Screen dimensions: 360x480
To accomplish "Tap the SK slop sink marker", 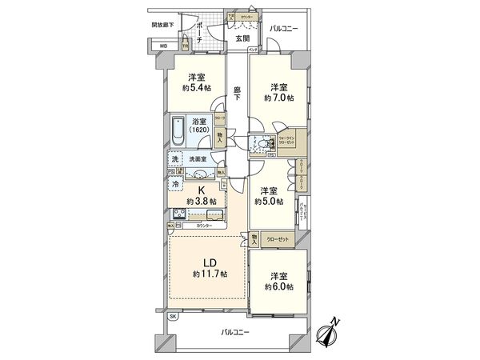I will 173,317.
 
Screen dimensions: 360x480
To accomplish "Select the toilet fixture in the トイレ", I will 261,145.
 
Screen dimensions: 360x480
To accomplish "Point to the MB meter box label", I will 163,46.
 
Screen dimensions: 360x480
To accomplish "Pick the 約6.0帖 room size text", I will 278,286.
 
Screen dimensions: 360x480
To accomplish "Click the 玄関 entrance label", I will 242,38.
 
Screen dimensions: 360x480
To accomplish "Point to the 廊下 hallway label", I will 238,94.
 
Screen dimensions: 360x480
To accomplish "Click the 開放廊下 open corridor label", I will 162,25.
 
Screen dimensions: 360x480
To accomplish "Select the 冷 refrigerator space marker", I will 175,182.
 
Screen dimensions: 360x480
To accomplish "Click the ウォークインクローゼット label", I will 286,139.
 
